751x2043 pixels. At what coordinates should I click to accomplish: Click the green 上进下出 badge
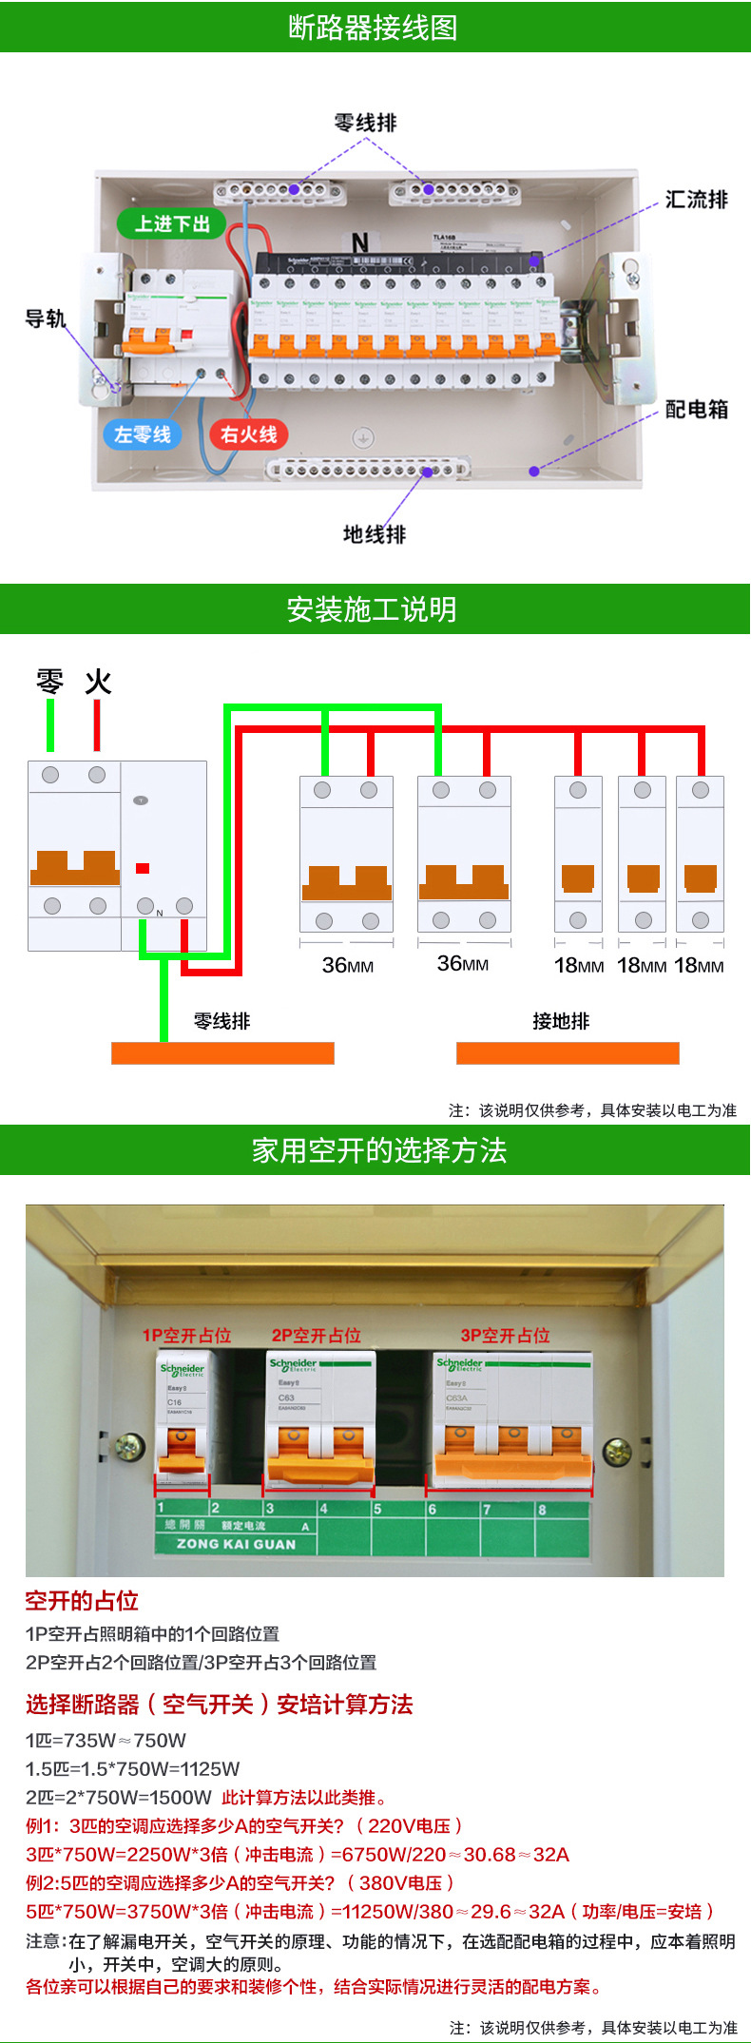pyautogui.click(x=172, y=224)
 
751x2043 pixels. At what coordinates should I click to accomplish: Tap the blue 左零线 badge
pyautogui.click(x=142, y=434)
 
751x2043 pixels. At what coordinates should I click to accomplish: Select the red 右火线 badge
pyautogui.click(x=248, y=434)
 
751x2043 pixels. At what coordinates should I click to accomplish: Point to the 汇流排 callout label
pyautogui.click(x=696, y=200)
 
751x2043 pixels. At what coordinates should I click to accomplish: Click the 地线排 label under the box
pyautogui.click(x=374, y=534)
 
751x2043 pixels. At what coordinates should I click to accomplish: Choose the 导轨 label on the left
pyautogui.click(x=45, y=318)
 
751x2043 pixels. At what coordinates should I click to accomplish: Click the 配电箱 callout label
pyautogui.click(x=696, y=410)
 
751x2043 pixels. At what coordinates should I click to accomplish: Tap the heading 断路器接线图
pyautogui.click(x=374, y=28)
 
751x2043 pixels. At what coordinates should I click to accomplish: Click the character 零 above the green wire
pyautogui.click(x=49, y=682)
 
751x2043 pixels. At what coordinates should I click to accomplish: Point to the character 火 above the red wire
pyautogui.click(x=98, y=682)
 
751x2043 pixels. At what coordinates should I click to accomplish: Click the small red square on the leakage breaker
pyautogui.click(x=143, y=868)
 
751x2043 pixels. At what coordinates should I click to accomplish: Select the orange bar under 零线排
pyautogui.click(x=222, y=1053)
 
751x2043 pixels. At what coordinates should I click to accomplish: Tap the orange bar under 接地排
pyautogui.click(x=568, y=1053)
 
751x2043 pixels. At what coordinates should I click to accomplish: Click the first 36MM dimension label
pyautogui.click(x=347, y=966)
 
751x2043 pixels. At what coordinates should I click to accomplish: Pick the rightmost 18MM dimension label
pyautogui.click(x=699, y=966)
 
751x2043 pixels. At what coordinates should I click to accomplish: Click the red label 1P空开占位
pyautogui.click(x=186, y=1336)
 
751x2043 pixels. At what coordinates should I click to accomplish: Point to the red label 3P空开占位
pyautogui.click(x=505, y=1336)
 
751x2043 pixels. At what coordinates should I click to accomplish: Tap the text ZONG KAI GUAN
pyautogui.click(x=236, y=1545)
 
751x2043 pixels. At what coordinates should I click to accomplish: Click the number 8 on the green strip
pyautogui.click(x=542, y=1509)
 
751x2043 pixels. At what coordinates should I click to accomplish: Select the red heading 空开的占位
pyautogui.click(x=82, y=1601)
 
